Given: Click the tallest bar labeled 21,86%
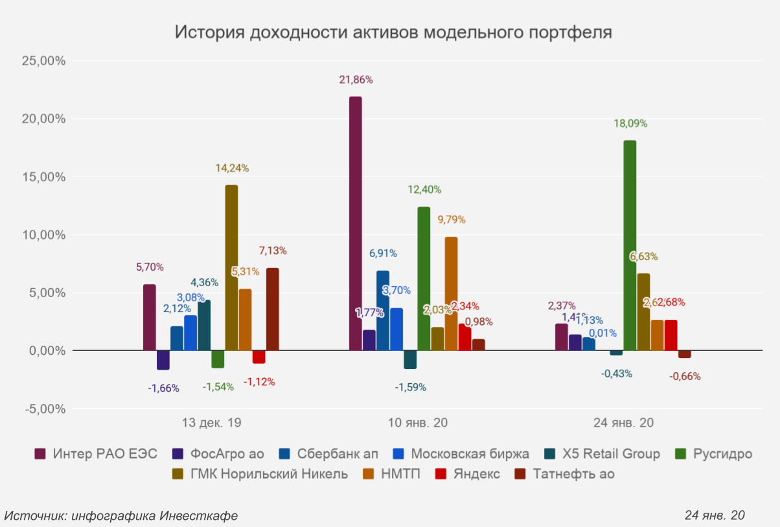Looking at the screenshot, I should click(355, 223).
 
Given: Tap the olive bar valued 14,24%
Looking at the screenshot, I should click(231, 267).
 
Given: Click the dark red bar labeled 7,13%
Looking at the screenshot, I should click(272, 309).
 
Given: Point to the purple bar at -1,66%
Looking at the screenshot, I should click(163, 360).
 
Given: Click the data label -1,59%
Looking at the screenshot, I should click(411, 387).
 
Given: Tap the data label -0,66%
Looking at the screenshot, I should click(685, 376).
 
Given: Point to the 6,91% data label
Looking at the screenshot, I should click(383, 253).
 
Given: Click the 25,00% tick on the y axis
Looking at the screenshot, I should click(43, 61).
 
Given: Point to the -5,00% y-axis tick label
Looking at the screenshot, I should click(43, 409).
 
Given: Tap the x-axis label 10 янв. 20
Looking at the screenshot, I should click(417, 423).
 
